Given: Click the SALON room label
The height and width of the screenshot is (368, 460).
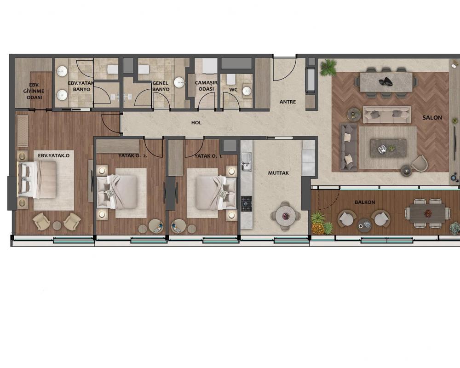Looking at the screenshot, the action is pyautogui.click(x=432, y=118).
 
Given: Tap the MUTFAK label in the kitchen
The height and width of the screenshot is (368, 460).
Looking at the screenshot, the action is pyautogui.click(x=278, y=173).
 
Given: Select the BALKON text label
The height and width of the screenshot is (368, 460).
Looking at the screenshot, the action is pyautogui.click(x=365, y=202).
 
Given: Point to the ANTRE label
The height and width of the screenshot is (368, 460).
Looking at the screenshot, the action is pyautogui.click(x=287, y=102).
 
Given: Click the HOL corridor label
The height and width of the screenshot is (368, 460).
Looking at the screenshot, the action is pyautogui.click(x=196, y=123).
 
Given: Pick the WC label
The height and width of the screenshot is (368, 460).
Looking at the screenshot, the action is pyautogui.click(x=233, y=90).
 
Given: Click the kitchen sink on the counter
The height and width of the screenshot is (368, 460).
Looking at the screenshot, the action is pyautogui.click(x=246, y=162).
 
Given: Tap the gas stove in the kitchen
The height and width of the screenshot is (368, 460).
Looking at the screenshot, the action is pyautogui.click(x=247, y=204).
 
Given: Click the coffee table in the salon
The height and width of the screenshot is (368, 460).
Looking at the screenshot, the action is pyautogui.click(x=388, y=148).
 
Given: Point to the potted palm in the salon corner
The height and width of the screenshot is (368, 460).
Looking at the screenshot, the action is pyautogui.click(x=328, y=67).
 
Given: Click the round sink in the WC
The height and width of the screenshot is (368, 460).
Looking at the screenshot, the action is pyautogui.click(x=247, y=91).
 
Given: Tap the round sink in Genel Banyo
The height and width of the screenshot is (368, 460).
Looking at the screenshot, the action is pyautogui.click(x=179, y=83).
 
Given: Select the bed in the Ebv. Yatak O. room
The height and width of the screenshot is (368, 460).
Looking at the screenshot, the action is pyautogui.click(x=37, y=179).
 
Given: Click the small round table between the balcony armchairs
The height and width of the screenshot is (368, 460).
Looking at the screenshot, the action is pyautogui.click(x=364, y=225).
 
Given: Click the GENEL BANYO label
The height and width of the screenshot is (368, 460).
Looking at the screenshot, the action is pyautogui.click(x=161, y=86).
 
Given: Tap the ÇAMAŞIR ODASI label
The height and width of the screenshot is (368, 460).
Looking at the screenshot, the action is pyautogui.click(x=206, y=86).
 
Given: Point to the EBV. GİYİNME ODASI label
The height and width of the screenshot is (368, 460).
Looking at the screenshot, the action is pyautogui.click(x=34, y=91).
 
